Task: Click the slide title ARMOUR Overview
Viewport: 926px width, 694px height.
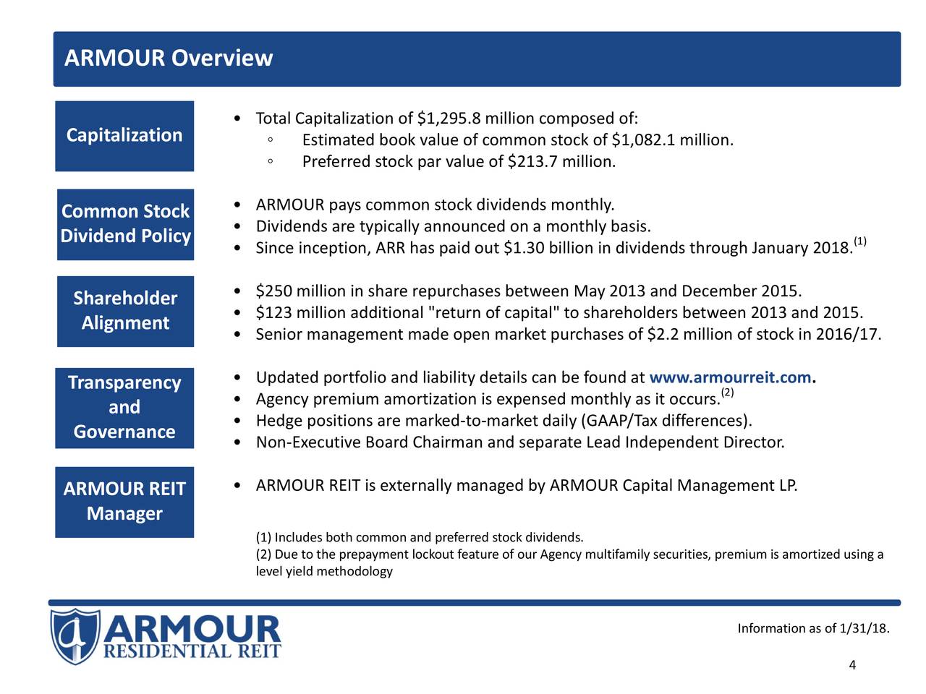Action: pos(169,58)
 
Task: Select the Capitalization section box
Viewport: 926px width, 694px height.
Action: pos(124,136)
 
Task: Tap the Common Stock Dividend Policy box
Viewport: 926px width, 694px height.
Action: pos(125,224)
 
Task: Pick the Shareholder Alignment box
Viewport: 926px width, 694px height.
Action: pos(125,311)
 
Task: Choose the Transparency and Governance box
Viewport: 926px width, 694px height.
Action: pos(124,408)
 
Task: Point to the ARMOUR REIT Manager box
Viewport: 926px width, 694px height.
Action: pos(124,502)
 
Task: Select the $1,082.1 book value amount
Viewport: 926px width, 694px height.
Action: pos(644,140)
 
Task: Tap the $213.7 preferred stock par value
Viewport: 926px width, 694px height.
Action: pos(534,161)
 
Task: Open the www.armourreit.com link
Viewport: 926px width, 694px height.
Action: pos(731,378)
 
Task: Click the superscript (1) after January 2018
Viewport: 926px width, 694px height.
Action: pos(859,241)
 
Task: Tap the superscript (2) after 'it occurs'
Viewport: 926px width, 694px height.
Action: pos(727,393)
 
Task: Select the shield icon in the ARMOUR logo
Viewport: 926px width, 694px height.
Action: pos(75,636)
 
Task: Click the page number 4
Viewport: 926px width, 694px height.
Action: pos(852,666)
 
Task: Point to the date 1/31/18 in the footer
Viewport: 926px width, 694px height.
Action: pos(864,628)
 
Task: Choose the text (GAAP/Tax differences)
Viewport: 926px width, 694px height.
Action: pos(666,421)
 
